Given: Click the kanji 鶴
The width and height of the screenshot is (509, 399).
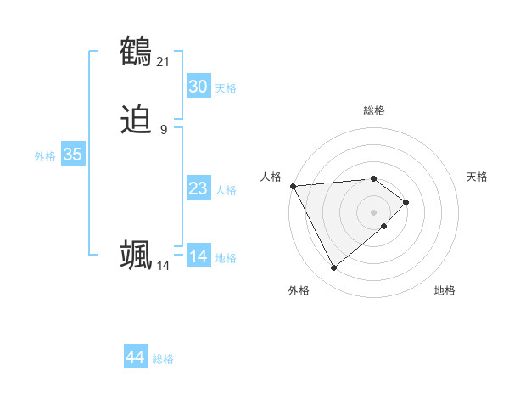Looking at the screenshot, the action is tap(137, 52).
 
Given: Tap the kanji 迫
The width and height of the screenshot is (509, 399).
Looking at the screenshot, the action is tap(137, 121).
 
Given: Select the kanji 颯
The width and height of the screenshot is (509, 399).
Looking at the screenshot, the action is tap(137, 255).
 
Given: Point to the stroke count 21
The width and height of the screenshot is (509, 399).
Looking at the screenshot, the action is tap(163, 61).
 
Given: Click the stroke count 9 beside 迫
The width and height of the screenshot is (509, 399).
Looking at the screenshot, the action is tap(164, 130).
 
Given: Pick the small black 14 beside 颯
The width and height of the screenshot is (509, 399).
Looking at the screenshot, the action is tap(163, 266).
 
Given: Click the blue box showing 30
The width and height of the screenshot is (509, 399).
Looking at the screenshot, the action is tap(198, 87).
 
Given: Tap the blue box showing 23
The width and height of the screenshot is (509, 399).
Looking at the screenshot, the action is tap(198, 188).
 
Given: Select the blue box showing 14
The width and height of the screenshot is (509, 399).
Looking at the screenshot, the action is tap(198, 256).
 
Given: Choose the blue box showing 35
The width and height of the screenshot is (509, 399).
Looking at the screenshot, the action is tap(72, 155).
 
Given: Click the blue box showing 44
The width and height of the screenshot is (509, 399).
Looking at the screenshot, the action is tap(135, 357).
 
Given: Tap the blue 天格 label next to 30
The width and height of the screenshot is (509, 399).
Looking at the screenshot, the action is tap(226, 88).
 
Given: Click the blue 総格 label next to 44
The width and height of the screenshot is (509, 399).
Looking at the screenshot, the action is tap(163, 359).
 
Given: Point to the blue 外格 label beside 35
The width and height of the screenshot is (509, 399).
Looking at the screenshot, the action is tap(45, 156).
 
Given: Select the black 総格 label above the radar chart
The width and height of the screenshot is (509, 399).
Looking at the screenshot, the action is tap(374, 110).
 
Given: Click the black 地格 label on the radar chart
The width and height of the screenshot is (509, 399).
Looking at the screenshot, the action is tap(445, 290).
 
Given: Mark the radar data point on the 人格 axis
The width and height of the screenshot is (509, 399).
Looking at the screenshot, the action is tap(293, 185).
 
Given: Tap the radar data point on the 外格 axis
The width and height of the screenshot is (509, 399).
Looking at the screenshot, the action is tap(334, 268).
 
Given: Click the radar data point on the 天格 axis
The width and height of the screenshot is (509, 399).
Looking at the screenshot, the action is tap(406, 202).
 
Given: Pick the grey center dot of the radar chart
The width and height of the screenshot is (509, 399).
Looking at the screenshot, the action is tap(374, 211).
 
